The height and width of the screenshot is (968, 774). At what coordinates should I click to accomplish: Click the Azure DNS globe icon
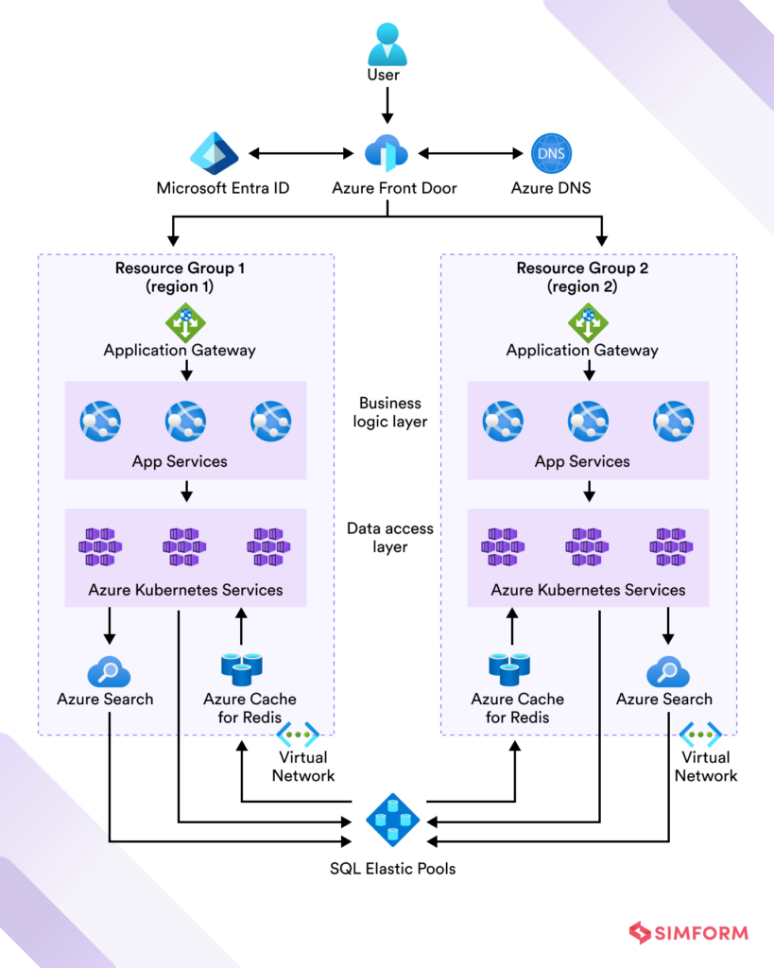point(551,152)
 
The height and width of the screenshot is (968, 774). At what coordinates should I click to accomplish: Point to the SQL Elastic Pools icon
point(391,817)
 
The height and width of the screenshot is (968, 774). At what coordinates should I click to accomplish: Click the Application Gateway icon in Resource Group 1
point(186,322)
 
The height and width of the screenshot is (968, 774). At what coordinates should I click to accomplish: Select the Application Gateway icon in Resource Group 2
point(588,322)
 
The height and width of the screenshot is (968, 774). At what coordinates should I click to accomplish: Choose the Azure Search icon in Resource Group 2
point(667,672)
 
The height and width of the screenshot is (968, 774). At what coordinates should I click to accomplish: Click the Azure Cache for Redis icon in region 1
point(241,668)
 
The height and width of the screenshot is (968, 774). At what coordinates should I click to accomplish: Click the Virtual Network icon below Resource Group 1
point(298,734)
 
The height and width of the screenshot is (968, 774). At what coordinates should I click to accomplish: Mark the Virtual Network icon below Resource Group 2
point(700,734)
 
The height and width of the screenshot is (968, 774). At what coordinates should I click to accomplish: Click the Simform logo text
point(701,933)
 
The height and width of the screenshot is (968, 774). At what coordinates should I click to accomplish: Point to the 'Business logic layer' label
point(390,412)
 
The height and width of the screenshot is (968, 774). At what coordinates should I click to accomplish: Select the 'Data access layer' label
point(390,538)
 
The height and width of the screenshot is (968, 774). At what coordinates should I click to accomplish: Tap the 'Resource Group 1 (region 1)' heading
point(180,277)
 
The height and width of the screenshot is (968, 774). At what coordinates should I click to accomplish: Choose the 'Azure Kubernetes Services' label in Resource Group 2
point(588,590)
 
